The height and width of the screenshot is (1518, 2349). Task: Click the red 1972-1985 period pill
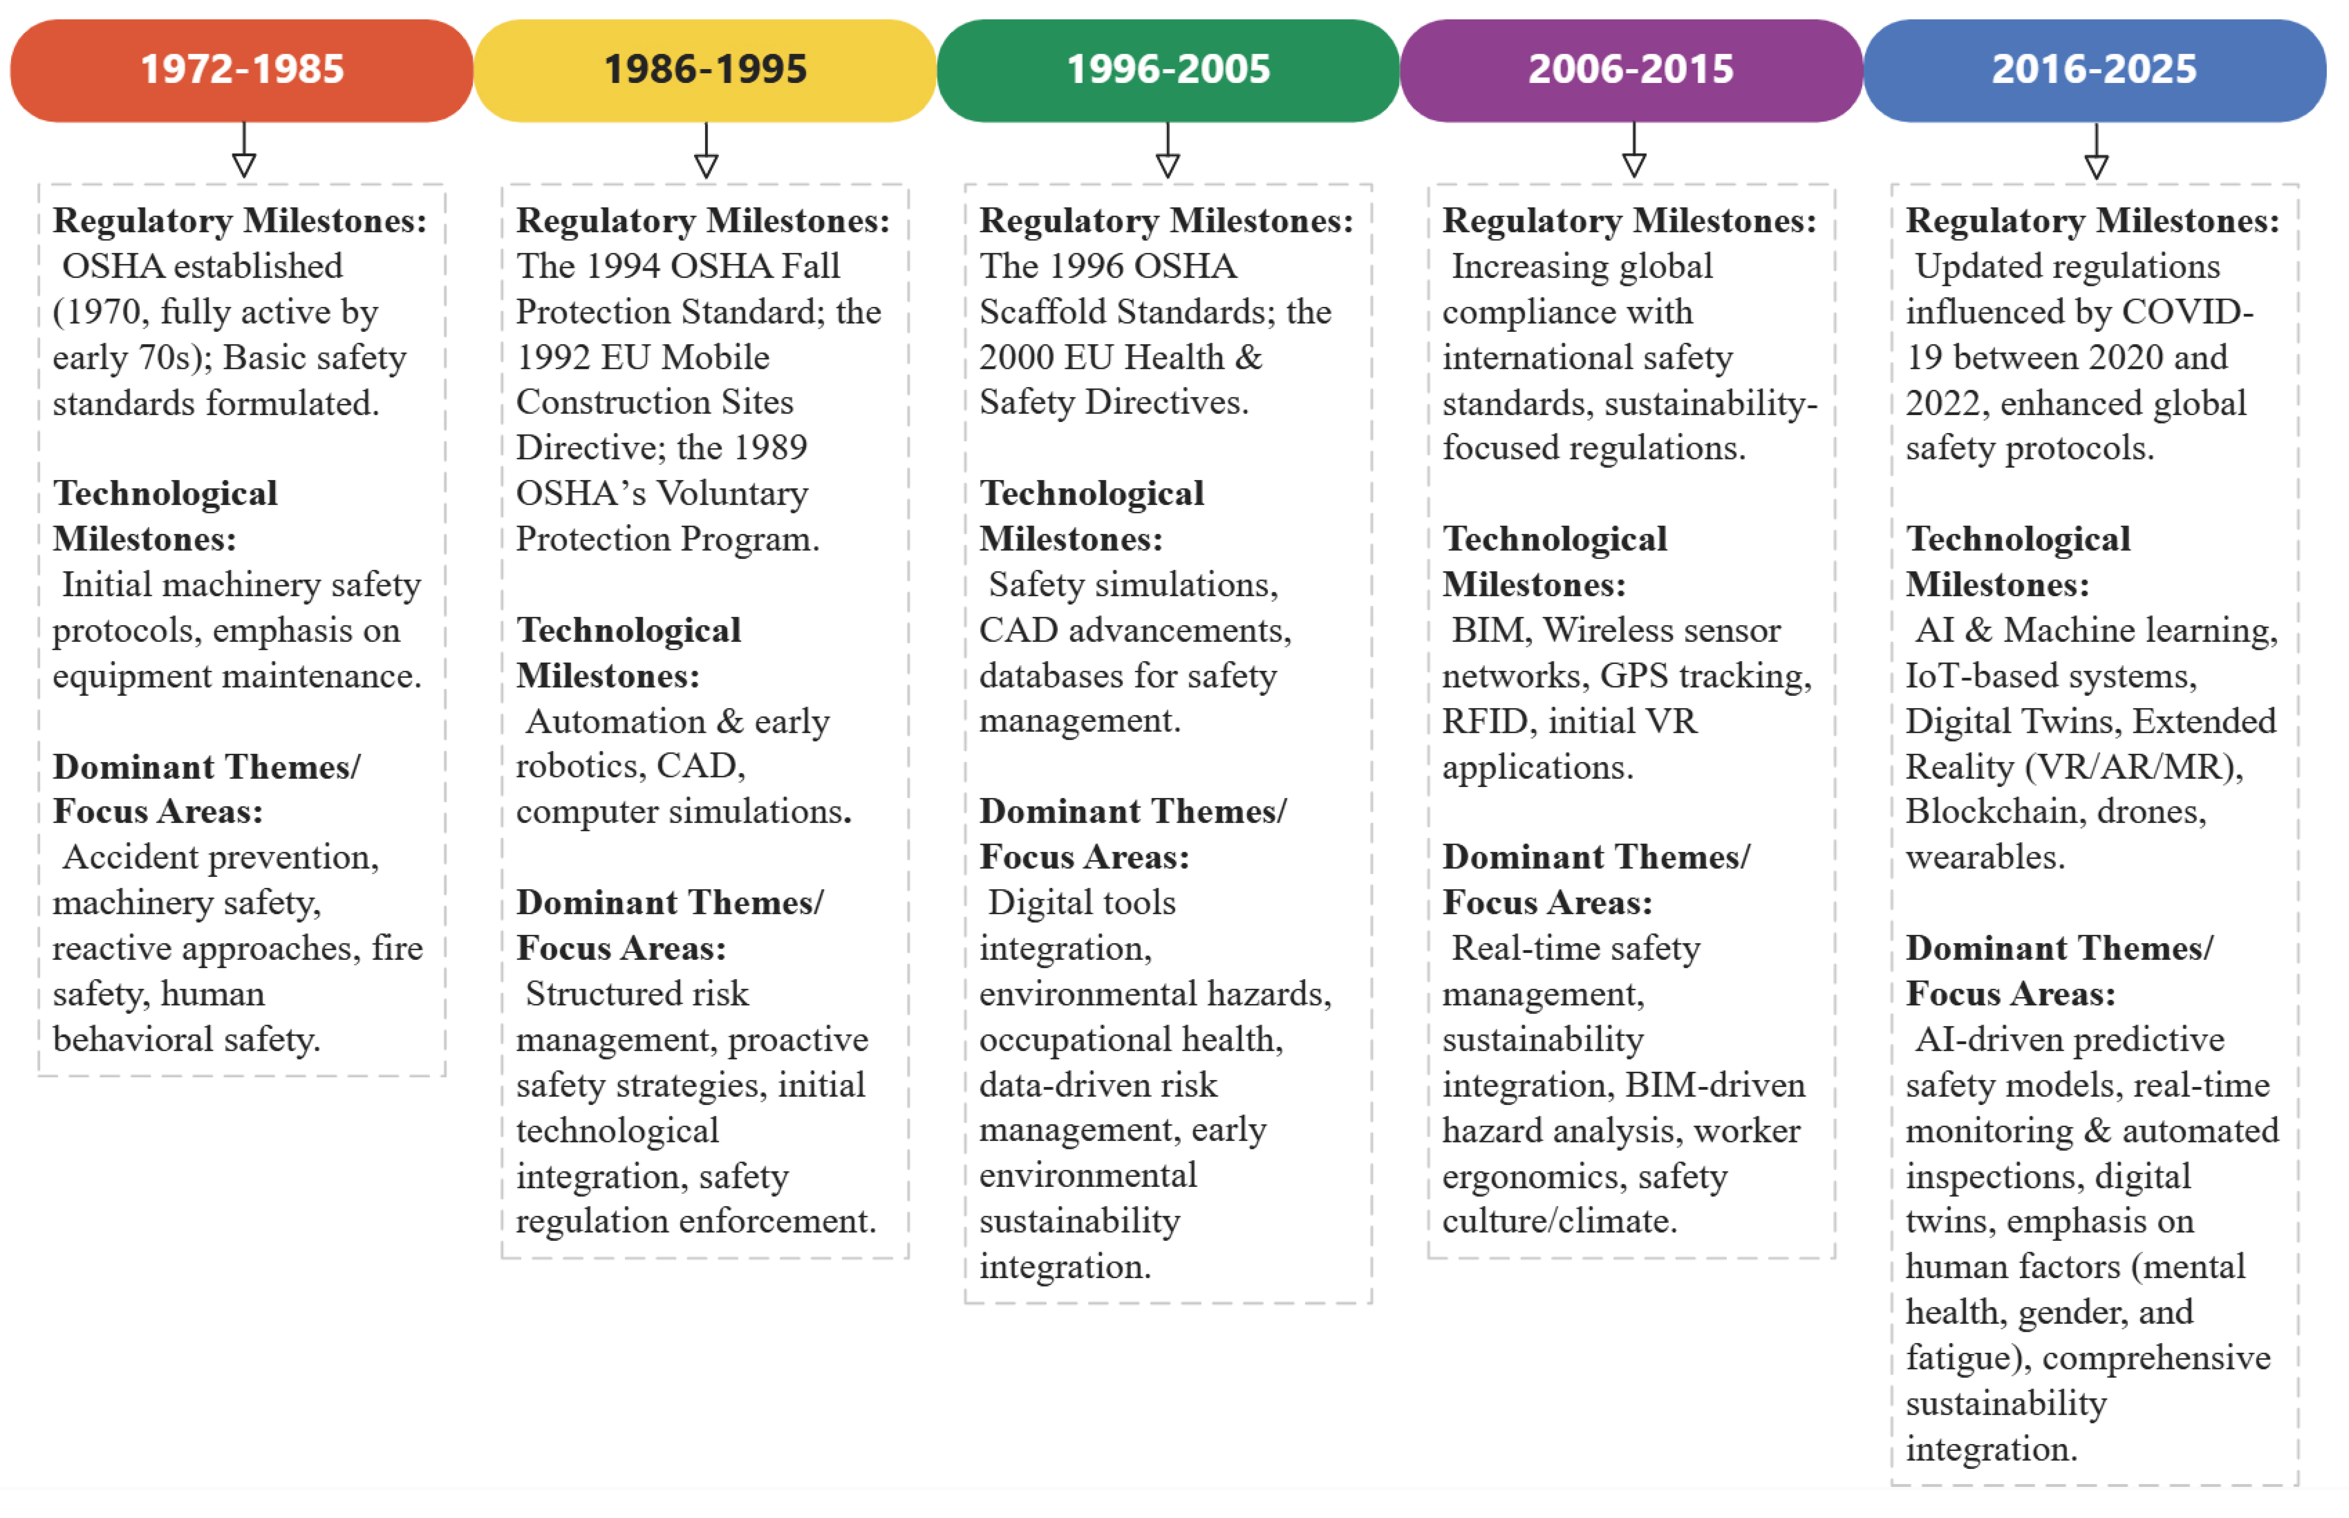[x=242, y=70]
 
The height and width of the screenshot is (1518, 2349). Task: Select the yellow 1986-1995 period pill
[x=705, y=70]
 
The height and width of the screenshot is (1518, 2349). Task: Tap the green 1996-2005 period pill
[x=1168, y=70]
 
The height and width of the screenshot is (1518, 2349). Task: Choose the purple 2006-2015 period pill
[x=1631, y=70]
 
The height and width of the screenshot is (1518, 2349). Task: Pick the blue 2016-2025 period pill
[x=2095, y=70]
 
